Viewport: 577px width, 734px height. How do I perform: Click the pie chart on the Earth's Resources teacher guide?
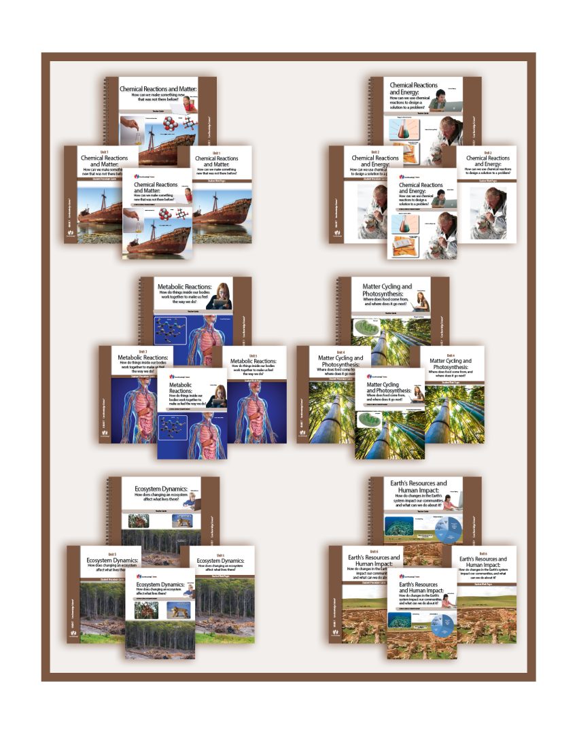coord(444,528)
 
